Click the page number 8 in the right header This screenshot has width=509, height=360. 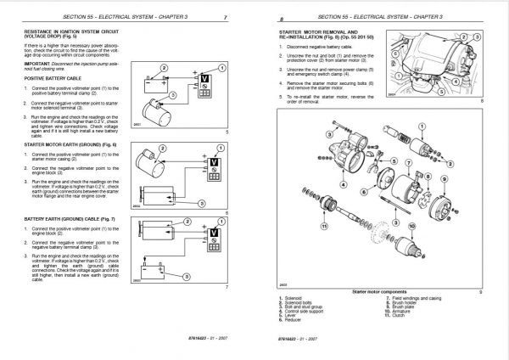click(x=269, y=17)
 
